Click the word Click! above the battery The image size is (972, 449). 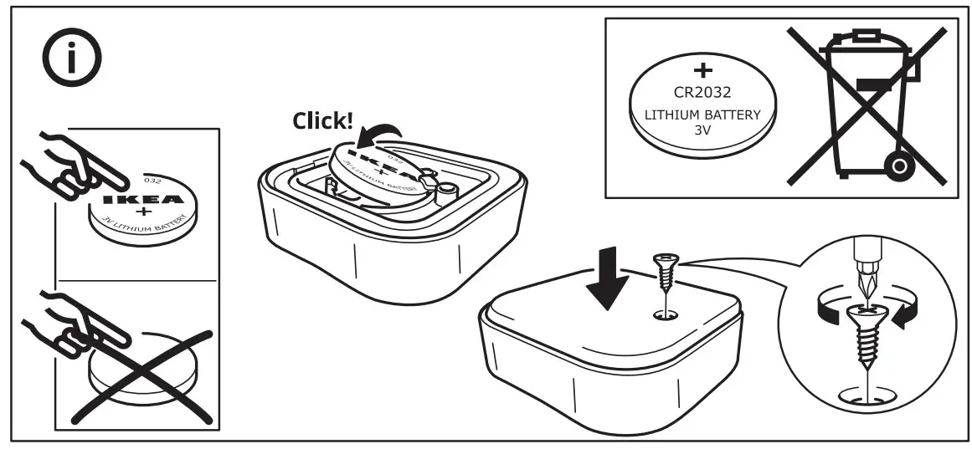322,121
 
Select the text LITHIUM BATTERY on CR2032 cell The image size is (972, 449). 702,115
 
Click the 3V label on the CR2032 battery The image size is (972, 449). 702,131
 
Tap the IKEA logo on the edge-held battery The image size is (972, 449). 140,201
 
